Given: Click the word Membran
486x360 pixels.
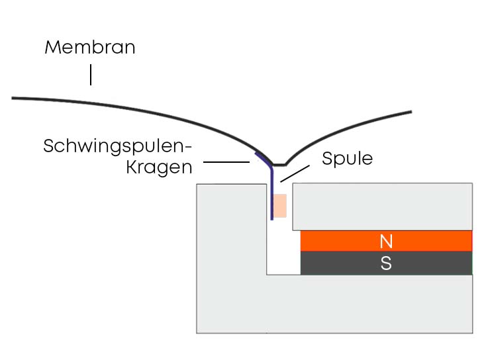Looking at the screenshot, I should click(89, 48).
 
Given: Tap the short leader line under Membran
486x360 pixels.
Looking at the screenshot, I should click(91, 75).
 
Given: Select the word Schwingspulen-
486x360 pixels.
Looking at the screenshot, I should click(117, 146).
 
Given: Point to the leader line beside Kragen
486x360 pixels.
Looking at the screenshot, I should click(226, 162).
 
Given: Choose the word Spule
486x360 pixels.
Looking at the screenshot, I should click(348, 159).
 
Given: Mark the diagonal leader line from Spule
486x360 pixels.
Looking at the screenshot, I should click(294, 173).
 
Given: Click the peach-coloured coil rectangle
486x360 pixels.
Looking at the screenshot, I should click(280, 206).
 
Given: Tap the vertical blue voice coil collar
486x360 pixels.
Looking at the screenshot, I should click(271, 192).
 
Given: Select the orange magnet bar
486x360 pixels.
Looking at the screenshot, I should click(386, 241).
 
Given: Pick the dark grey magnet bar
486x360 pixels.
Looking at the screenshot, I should click(386, 263).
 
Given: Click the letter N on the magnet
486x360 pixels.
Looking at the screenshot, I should click(386, 241).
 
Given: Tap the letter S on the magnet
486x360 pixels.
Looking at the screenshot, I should click(386, 263).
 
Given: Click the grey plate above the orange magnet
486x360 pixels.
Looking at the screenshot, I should click(382, 206).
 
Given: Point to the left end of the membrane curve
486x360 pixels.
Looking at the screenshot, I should click(14, 99).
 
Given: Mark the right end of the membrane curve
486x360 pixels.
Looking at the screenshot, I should click(411, 111).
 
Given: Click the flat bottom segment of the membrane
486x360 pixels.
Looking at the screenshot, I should click(279, 164).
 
